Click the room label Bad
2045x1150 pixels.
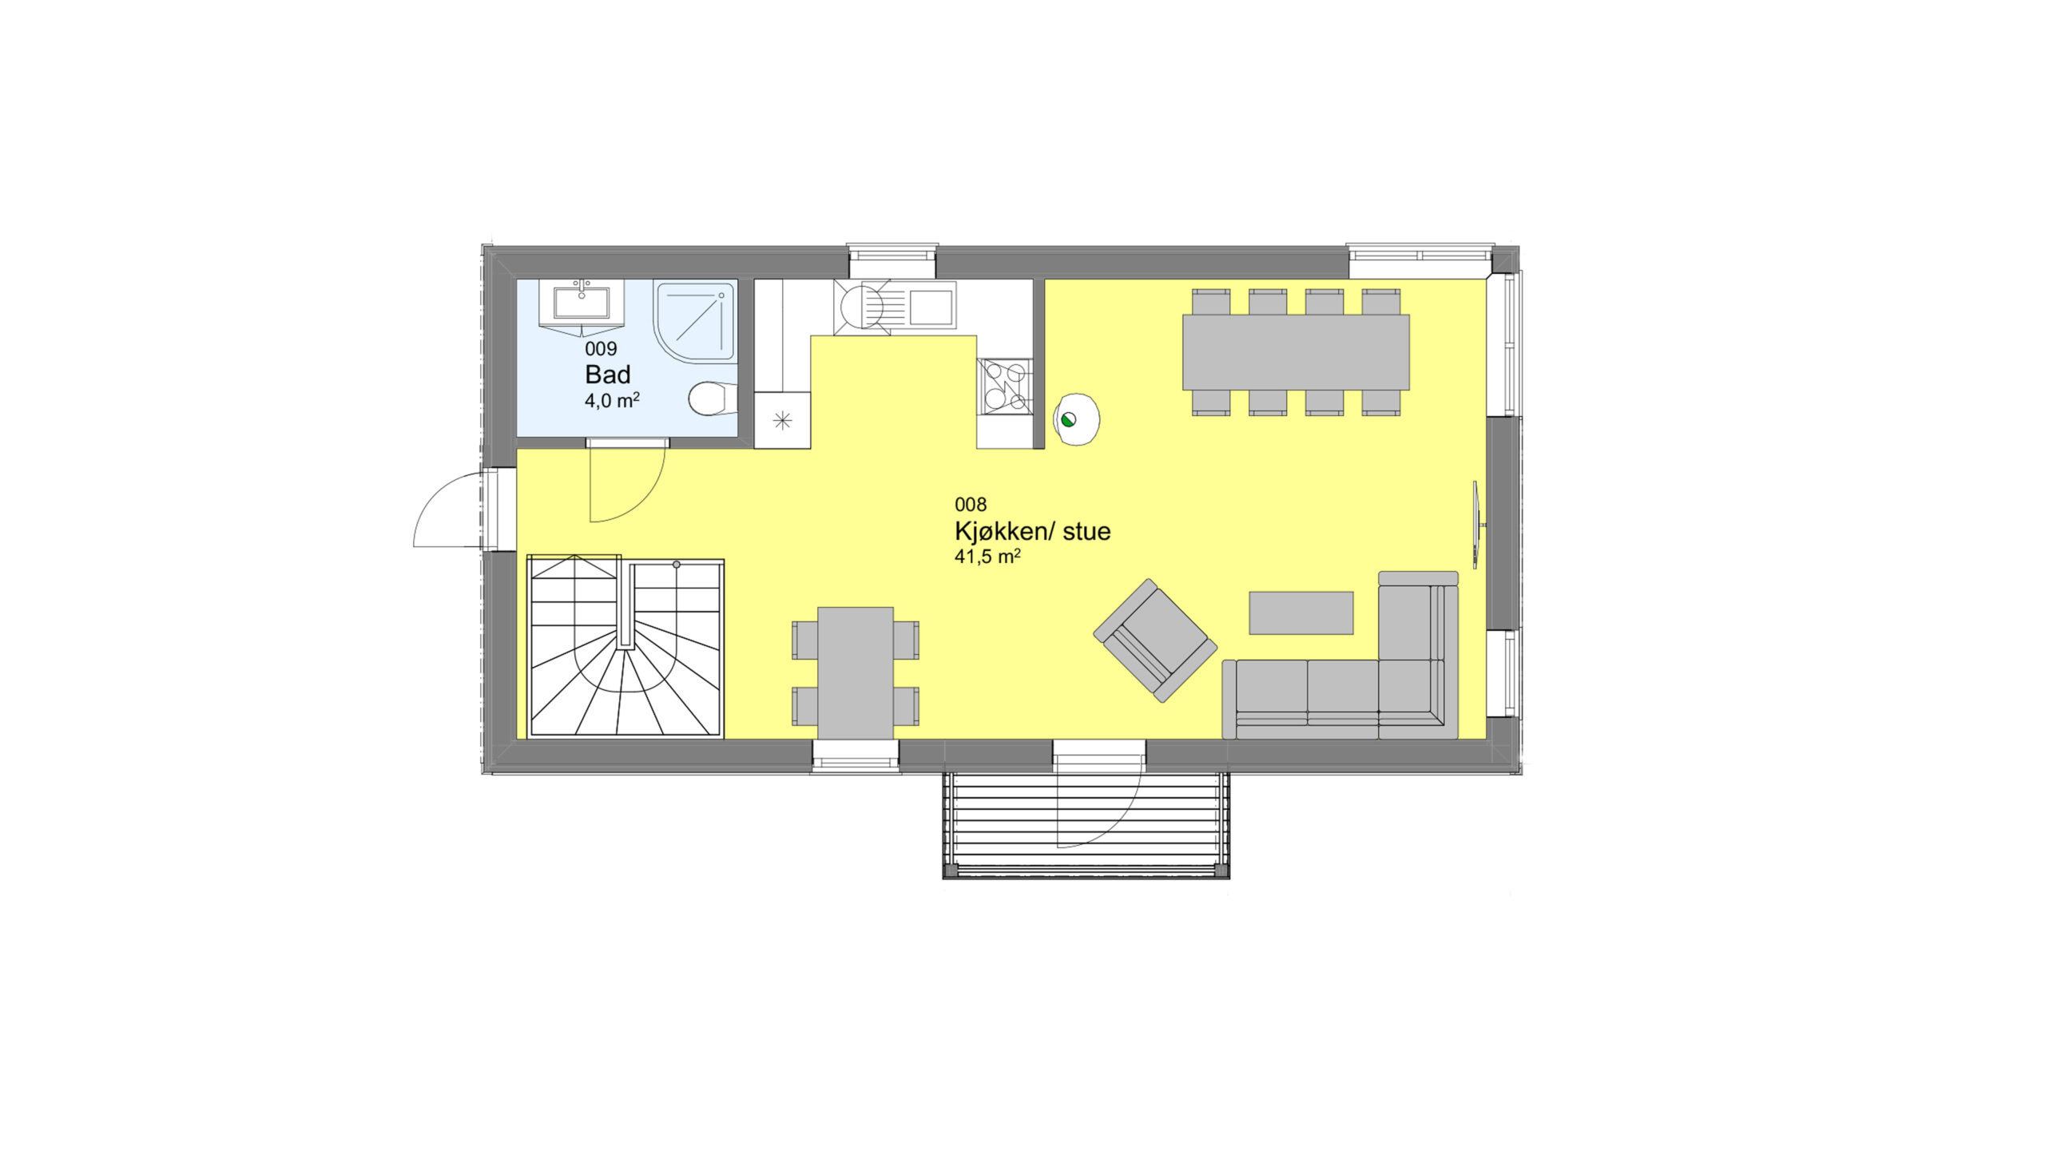(607, 375)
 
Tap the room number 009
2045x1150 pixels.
(601, 349)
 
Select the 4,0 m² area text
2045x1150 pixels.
(612, 400)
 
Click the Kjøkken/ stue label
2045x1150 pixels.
(1032, 532)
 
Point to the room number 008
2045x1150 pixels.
(971, 505)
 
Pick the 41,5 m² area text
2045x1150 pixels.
(987, 557)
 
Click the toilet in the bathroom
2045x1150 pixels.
(713, 399)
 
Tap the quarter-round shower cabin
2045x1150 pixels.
(695, 321)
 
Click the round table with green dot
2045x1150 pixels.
(1077, 419)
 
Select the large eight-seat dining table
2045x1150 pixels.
(1296, 352)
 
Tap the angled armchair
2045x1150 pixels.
(1155, 640)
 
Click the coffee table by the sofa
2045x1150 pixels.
(1301, 613)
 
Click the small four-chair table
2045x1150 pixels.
(856, 673)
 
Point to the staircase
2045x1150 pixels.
(626, 648)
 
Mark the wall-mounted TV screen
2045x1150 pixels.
(1478, 526)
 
